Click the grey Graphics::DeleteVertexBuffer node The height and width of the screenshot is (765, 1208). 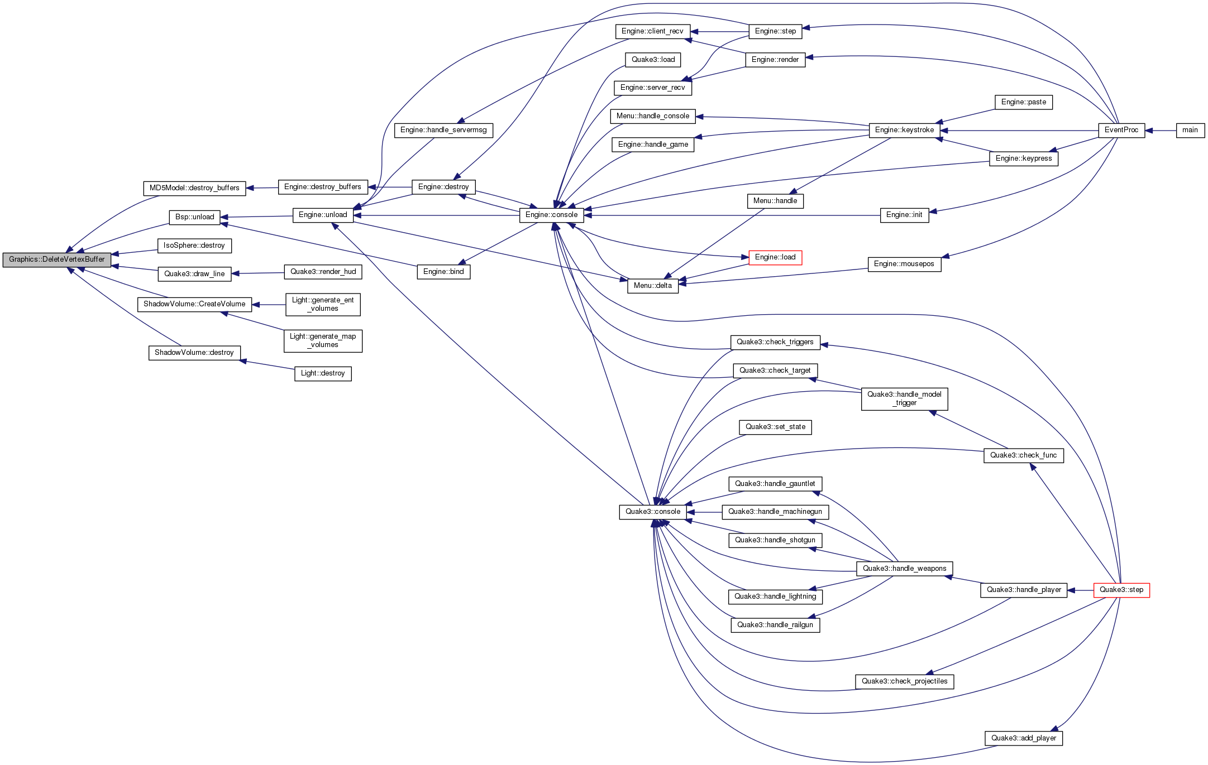pyautogui.click(x=56, y=259)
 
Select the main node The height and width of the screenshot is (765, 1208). pyautogui.click(x=1190, y=131)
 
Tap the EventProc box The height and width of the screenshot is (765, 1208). pyautogui.click(x=1121, y=131)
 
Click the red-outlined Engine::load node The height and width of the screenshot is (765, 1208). pyautogui.click(x=775, y=257)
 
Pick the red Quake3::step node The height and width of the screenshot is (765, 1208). pyautogui.click(x=1121, y=590)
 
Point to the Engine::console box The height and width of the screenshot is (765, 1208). pyautogui.click(x=551, y=215)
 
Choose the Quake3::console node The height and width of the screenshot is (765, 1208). pyautogui.click(x=652, y=512)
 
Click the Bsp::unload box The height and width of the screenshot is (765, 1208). pyautogui.click(x=194, y=217)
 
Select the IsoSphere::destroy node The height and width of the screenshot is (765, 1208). pyautogui.click(x=194, y=246)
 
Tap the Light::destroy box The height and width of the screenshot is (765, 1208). pyautogui.click(x=323, y=373)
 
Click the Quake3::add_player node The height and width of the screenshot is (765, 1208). pyautogui.click(x=1023, y=738)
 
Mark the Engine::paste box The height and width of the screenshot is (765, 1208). pyautogui.click(x=1023, y=102)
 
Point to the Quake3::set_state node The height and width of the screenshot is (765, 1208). pyautogui.click(x=775, y=427)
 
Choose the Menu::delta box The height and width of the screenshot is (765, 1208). pyautogui.click(x=652, y=286)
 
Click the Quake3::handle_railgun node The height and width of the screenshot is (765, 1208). pyautogui.click(x=775, y=625)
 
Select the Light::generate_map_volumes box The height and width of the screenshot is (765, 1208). pyautogui.click(x=323, y=340)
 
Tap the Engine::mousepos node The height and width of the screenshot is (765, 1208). pyautogui.click(x=904, y=264)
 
